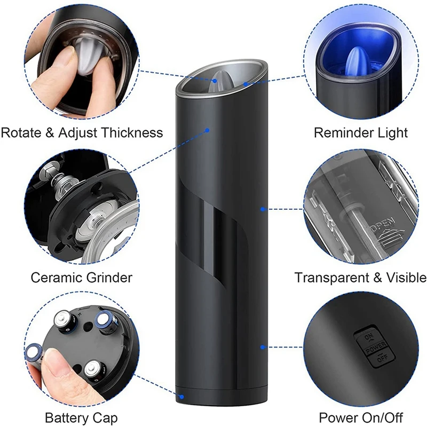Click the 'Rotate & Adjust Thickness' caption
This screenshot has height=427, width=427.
click(x=82, y=133)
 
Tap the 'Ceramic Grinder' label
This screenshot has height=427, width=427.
click(x=82, y=278)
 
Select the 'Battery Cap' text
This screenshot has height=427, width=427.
click(x=81, y=417)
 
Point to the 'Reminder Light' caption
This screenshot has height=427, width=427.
click(x=361, y=133)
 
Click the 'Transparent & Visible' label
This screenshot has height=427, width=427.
click(x=361, y=278)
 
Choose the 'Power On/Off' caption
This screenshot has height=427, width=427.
click(x=361, y=417)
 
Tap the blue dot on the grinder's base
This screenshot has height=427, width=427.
click(x=181, y=397)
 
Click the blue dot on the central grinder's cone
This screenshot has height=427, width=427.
click(x=215, y=81)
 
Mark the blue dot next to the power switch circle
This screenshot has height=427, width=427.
click(x=262, y=347)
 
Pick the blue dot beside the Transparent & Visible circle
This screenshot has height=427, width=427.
click(x=262, y=209)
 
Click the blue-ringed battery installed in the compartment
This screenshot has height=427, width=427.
click(x=105, y=322)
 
